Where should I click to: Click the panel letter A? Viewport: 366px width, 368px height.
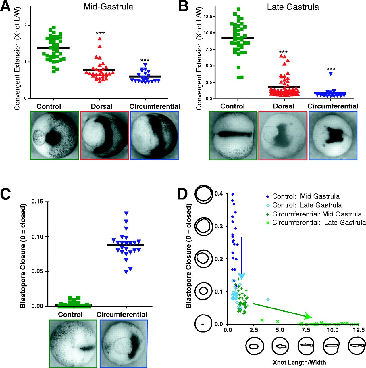6,6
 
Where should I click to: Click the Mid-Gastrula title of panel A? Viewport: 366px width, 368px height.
108,7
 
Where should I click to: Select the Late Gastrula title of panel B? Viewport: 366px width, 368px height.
293,7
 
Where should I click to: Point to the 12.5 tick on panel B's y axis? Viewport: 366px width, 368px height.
208,16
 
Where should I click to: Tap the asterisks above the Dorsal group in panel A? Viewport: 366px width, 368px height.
100,34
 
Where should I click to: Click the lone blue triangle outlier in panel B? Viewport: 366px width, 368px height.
331,74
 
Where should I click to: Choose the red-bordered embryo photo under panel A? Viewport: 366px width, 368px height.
105,135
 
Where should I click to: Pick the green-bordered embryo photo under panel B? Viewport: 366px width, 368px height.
233,135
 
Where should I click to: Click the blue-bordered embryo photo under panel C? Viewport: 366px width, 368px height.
124,344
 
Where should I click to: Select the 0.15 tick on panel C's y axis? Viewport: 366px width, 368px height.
38,202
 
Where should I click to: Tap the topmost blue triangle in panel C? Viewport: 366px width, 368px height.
126,213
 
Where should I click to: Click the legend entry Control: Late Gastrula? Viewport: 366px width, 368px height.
307,205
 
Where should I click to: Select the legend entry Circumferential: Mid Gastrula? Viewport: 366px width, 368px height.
317,214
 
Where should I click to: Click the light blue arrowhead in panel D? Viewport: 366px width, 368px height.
242,276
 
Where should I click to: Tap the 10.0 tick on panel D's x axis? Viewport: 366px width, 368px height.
333,330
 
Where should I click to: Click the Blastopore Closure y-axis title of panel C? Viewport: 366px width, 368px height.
23,256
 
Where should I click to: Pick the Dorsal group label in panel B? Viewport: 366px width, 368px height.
284,106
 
